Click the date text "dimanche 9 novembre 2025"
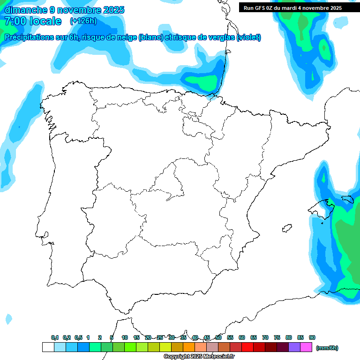(64, 10)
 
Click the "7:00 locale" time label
(33, 21)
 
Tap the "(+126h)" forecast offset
(83, 21)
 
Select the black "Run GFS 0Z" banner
(292, 7)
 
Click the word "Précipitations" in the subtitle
(28, 37)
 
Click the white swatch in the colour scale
(48, 347)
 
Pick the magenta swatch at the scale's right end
(306, 347)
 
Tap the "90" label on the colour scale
(312, 337)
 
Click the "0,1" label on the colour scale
(55, 337)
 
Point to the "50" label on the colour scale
(218, 337)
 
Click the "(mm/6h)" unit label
(327, 348)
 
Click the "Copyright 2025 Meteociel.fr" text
(199, 356)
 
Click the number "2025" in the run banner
(333, 7)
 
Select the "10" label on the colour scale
(125, 337)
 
